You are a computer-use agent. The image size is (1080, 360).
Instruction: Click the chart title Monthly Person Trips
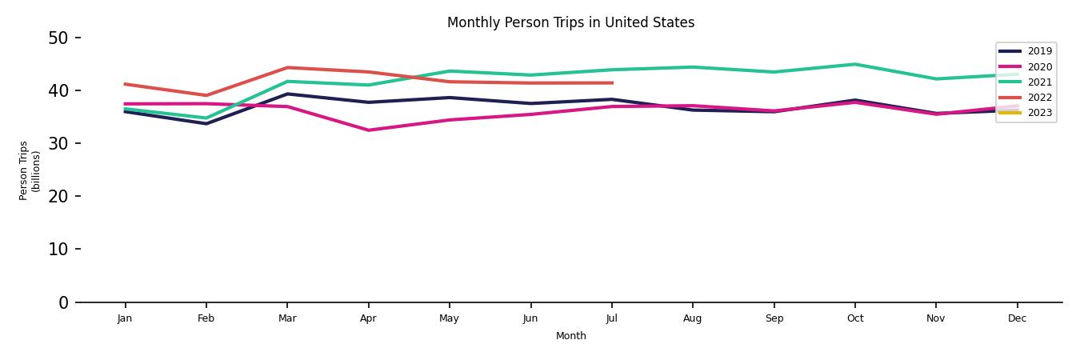[x=570, y=22]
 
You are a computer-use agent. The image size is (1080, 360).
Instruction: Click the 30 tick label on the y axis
[x=58, y=143]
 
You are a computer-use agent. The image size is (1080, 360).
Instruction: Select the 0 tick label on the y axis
[x=63, y=302]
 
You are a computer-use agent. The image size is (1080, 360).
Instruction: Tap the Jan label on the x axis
[x=125, y=318]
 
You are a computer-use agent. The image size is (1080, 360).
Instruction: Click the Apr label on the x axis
[x=368, y=318]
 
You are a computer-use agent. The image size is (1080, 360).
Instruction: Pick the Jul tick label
[x=611, y=318]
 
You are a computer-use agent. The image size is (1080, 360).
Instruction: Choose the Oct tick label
[x=854, y=318]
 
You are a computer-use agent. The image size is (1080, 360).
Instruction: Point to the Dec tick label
[x=1017, y=318]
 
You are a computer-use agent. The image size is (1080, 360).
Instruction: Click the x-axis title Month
[x=570, y=336]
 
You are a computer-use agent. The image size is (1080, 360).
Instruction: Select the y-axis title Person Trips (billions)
[x=30, y=170]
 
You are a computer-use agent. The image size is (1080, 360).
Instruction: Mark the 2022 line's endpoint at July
[x=612, y=83]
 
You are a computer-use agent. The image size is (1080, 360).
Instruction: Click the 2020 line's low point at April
[x=368, y=130]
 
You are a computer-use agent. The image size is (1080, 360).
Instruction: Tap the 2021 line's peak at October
[x=854, y=64]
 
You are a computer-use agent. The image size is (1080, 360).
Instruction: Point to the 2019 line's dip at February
[x=206, y=124]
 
